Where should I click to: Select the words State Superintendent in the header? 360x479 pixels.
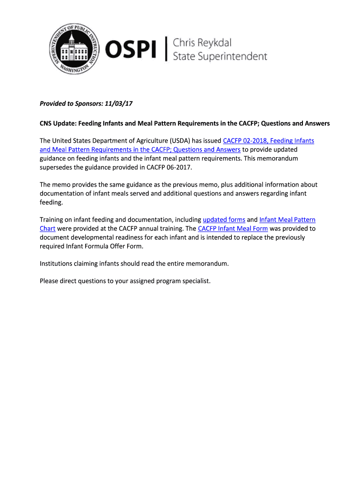click(x=220, y=57)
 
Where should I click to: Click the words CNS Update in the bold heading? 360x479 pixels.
click(x=57, y=123)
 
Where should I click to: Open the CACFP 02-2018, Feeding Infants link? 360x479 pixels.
click(x=268, y=141)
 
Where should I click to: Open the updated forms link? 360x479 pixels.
click(x=224, y=219)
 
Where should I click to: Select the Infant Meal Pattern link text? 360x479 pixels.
click(x=287, y=219)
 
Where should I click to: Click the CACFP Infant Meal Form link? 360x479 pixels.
click(x=233, y=228)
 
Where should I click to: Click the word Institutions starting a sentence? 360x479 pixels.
click(x=58, y=263)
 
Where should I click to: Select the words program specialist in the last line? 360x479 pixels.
click(x=184, y=281)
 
